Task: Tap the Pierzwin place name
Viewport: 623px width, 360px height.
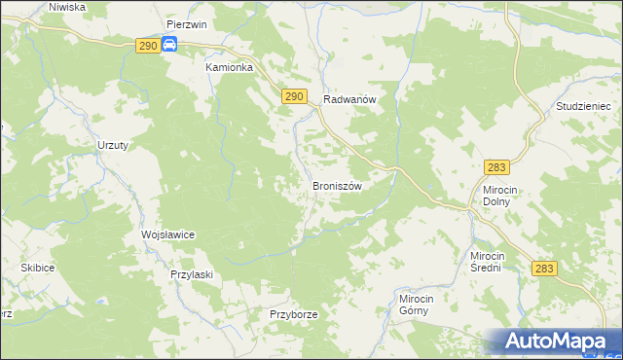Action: [186, 23]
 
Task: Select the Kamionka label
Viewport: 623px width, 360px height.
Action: [229, 68]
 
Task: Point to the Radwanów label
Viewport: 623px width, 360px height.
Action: [349, 98]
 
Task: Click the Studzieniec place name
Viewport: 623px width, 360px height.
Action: [582, 105]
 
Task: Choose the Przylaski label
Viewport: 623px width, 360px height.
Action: [191, 275]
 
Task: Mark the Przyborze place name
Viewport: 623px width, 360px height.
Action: [294, 315]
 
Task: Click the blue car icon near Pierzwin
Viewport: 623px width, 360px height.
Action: [169, 45]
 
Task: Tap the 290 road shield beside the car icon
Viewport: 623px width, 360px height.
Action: [146, 46]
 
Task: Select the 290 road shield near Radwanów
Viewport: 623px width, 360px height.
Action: [296, 96]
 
